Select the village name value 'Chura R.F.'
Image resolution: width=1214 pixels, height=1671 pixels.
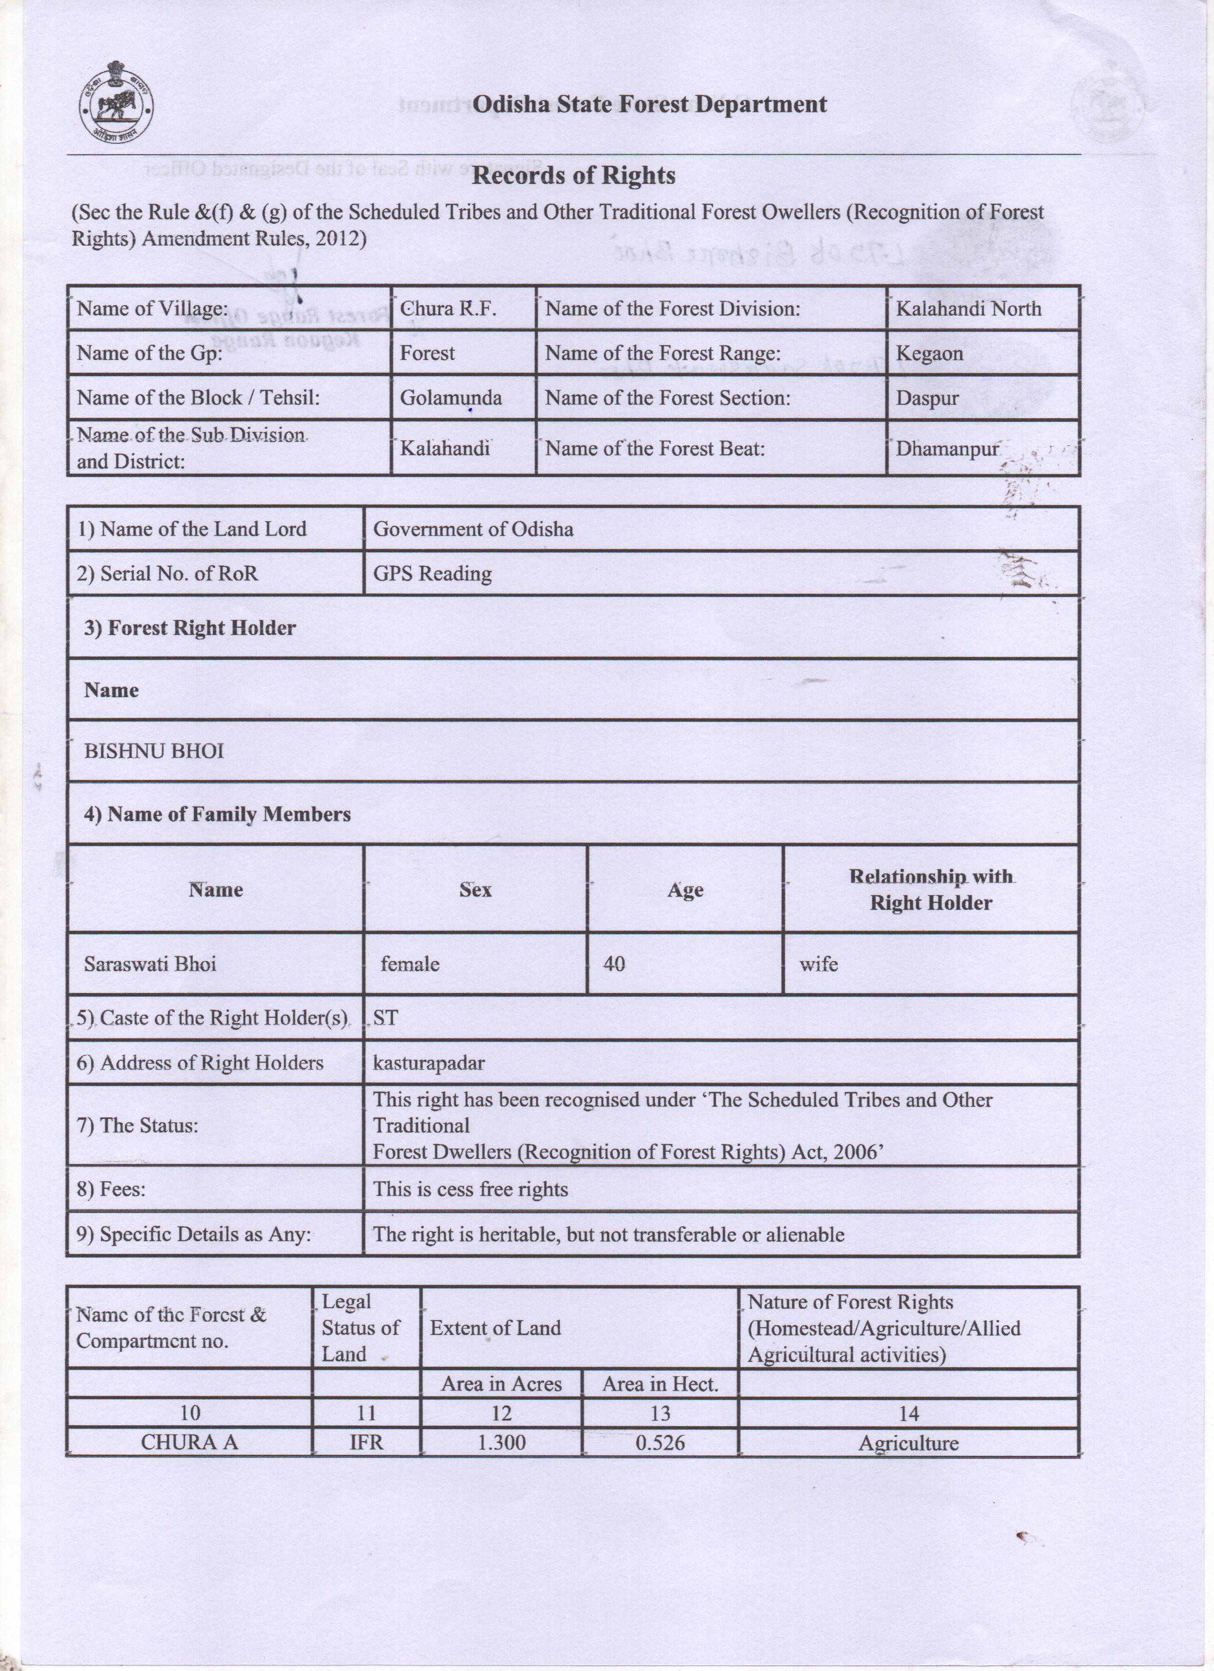tap(448, 308)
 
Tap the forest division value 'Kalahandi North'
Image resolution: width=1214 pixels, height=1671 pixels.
tap(968, 308)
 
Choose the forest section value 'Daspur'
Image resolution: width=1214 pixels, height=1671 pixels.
tap(927, 398)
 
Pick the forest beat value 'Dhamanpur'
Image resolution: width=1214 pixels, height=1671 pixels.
tap(946, 448)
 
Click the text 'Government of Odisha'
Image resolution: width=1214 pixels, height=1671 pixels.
tap(473, 528)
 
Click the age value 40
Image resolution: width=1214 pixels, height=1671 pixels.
tap(614, 964)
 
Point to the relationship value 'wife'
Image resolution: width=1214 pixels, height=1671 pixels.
tap(818, 964)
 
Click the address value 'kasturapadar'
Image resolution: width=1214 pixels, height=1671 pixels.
tap(429, 1063)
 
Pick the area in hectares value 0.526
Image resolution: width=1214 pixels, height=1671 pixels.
tap(660, 1442)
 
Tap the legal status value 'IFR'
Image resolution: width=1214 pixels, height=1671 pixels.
tap(366, 1442)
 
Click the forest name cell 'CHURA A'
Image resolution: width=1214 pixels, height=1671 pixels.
tap(189, 1442)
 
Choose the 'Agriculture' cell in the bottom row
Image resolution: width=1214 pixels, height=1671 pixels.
tap(908, 1442)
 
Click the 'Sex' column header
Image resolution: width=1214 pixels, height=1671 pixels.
tap(475, 889)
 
